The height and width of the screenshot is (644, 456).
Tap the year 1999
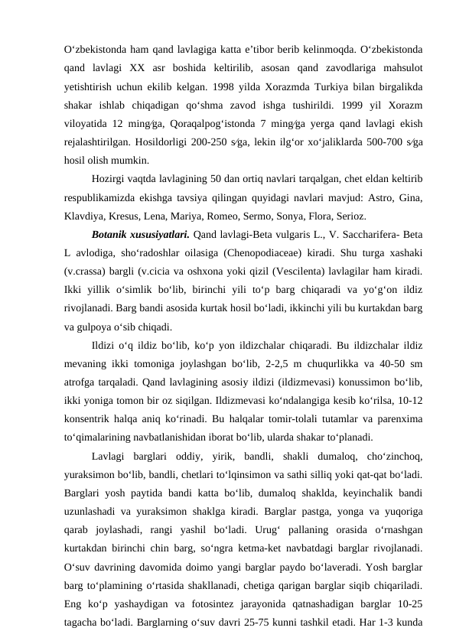[353, 106]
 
